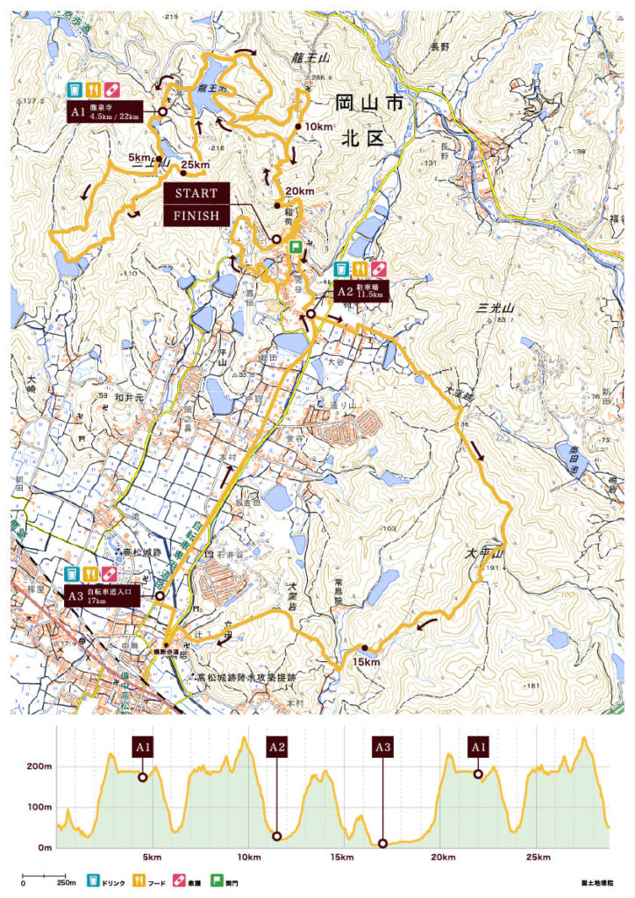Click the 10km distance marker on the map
pyautogui.click(x=315, y=127)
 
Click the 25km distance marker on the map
pyautogui.click(x=195, y=165)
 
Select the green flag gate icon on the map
pyautogui.click(x=296, y=248)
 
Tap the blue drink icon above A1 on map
pyautogui.click(x=75, y=89)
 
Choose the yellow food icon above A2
pyautogui.click(x=360, y=269)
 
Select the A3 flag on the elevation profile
pyautogui.click(x=382, y=748)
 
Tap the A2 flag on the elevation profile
pyautogui.click(x=277, y=748)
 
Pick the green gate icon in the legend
pyautogui.click(x=208, y=882)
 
